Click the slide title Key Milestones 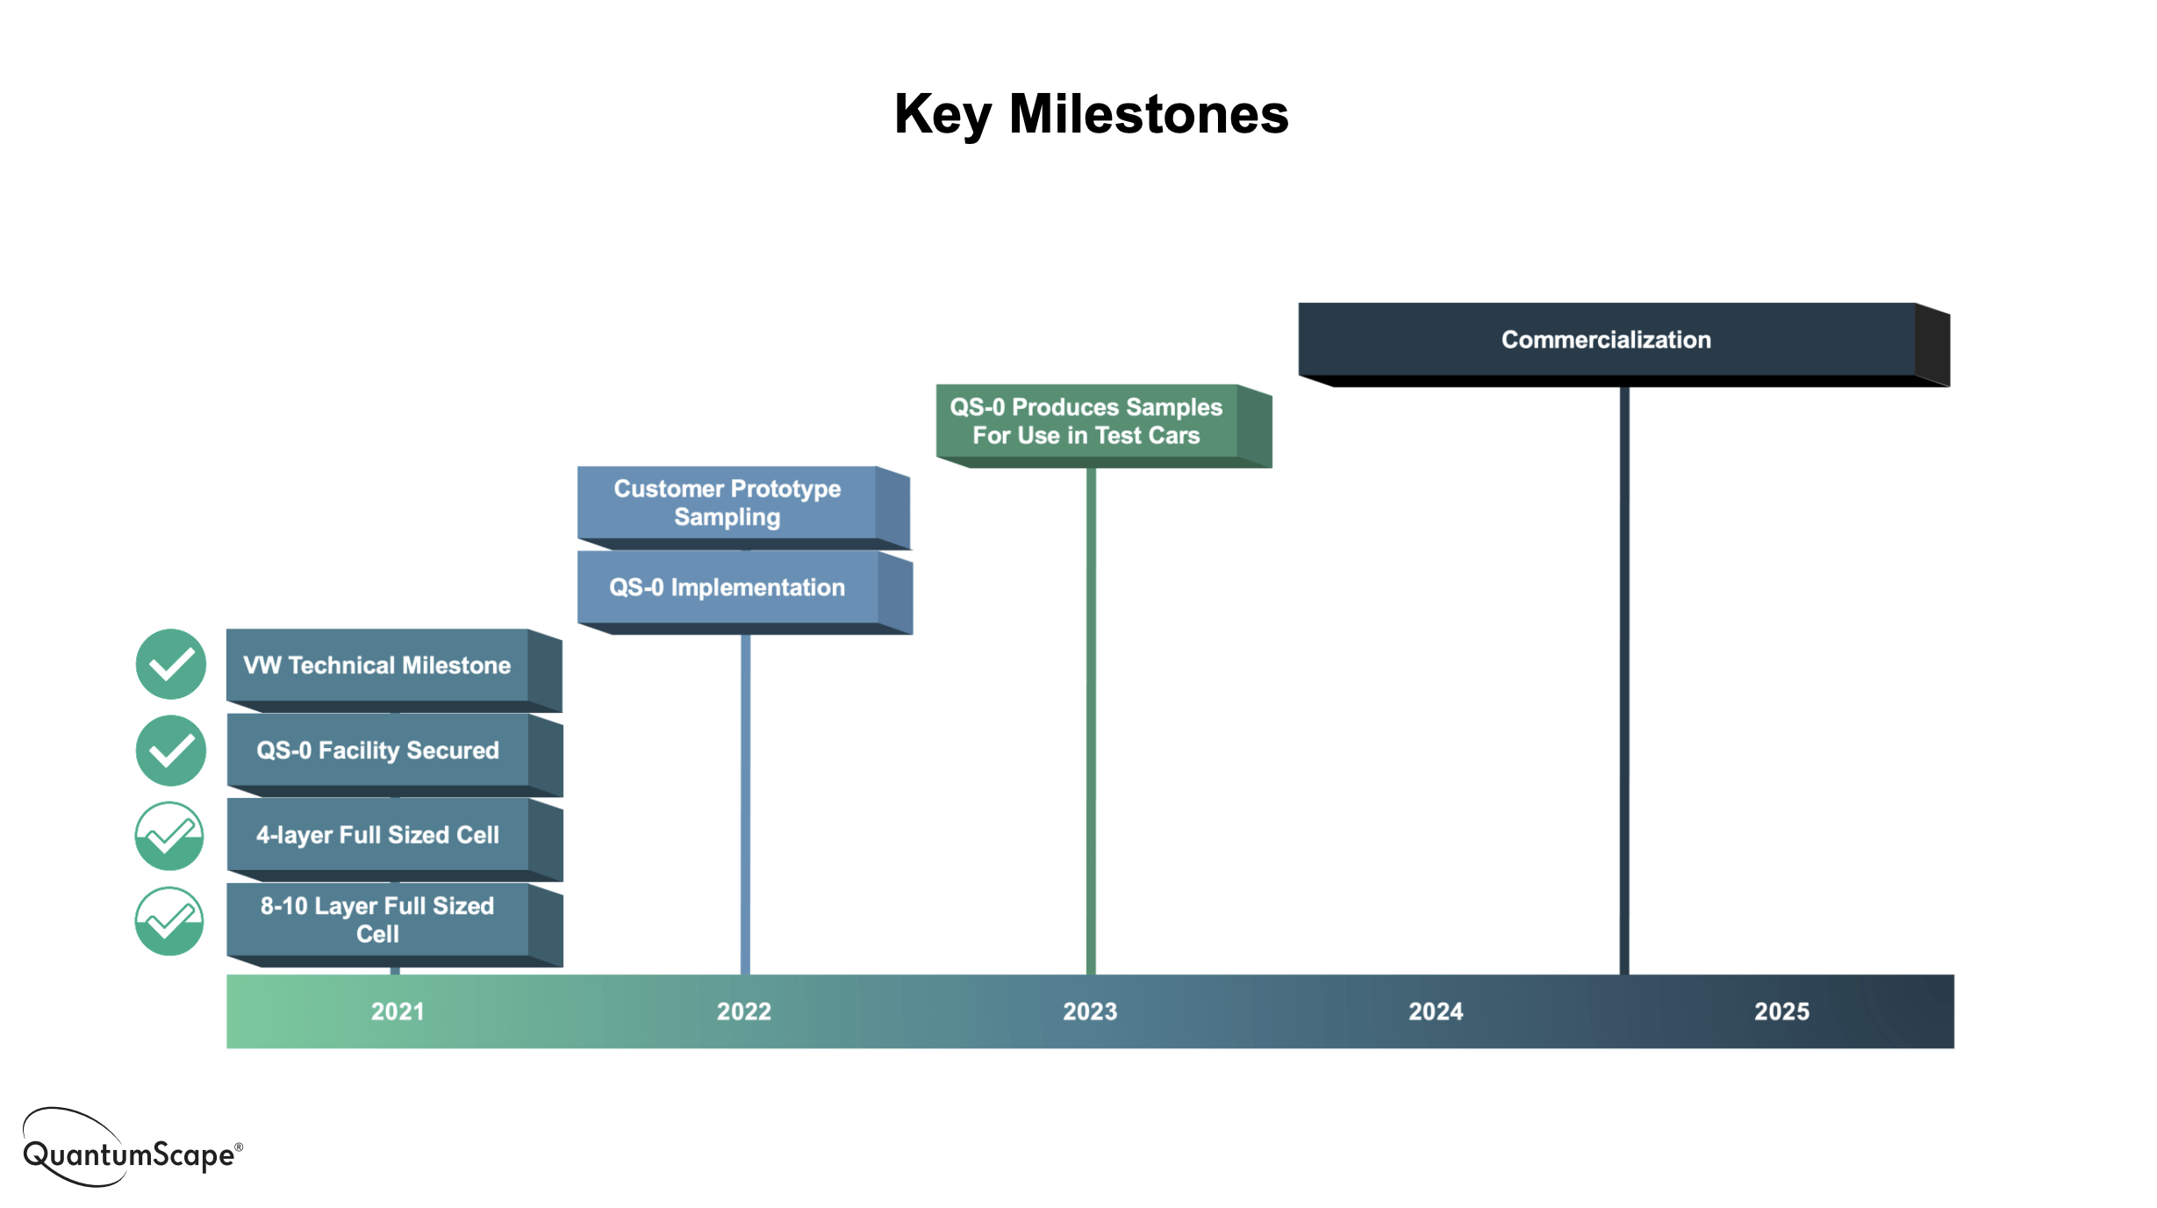click(x=1091, y=115)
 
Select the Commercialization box click(x=1606, y=340)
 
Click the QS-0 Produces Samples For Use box click(x=1086, y=421)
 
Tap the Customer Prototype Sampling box click(x=727, y=503)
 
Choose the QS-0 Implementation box click(x=727, y=587)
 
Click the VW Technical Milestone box click(x=377, y=665)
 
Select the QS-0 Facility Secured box click(x=377, y=751)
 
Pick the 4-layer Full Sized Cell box click(x=377, y=835)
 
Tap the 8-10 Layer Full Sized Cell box click(x=377, y=920)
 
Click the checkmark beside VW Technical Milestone click(x=171, y=665)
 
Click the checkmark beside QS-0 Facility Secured click(x=171, y=751)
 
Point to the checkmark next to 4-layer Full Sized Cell click(x=169, y=836)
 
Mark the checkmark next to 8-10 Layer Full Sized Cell click(x=169, y=921)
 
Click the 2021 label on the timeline click(x=398, y=1011)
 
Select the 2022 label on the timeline click(x=744, y=1011)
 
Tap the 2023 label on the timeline click(x=1090, y=1011)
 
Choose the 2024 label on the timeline click(x=1436, y=1011)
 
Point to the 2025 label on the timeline click(x=1781, y=1011)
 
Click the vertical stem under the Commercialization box click(x=1624, y=685)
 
